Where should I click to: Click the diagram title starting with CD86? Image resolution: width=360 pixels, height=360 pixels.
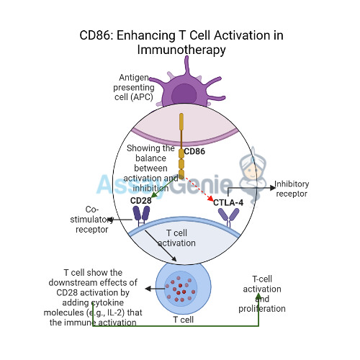click(x=180, y=42)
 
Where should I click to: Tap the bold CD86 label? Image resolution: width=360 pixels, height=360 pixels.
click(x=194, y=152)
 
